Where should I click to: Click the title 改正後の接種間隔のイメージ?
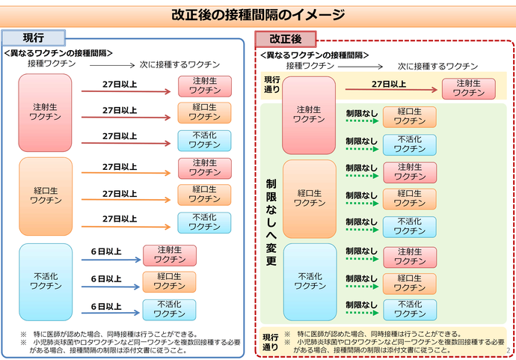[258, 14]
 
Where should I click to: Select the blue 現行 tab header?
[34, 37]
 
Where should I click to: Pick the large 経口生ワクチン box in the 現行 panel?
[46, 195]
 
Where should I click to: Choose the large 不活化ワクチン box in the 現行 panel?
[46, 280]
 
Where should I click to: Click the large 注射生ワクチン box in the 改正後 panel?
[309, 115]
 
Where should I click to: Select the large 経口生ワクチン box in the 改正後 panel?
[309, 198]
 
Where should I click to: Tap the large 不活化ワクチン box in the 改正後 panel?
[309, 281]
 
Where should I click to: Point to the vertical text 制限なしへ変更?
[271, 222]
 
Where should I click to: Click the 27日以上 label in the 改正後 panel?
[389, 84]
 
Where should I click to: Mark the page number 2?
[509, 349]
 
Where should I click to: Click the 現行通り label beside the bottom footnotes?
[270, 342]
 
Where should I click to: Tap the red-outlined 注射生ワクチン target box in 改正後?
[468, 88]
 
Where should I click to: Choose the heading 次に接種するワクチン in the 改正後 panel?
[437, 66]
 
